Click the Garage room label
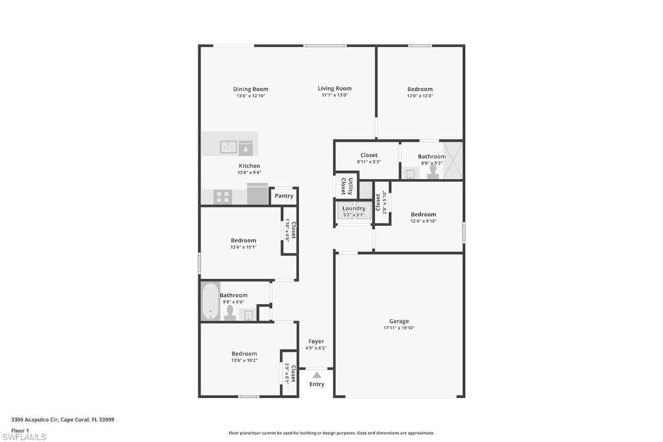tap(399, 321)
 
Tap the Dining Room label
tap(251, 89)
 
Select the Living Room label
tap(335, 89)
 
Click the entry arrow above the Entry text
tap(316, 375)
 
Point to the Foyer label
tap(316, 341)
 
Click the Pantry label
tap(284, 196)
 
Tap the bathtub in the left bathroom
tap(210, 301)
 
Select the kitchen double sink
tap(228, 147)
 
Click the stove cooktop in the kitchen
tap(223, 196)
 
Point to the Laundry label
tap(354, 208)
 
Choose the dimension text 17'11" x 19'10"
tap(399, 328)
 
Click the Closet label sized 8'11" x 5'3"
tap(369, 156)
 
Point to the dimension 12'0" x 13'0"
tap(420, 96)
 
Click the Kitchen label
tap(249, 166)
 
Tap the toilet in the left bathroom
tap(229, 312)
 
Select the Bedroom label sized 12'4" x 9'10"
tap(423, 214)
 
